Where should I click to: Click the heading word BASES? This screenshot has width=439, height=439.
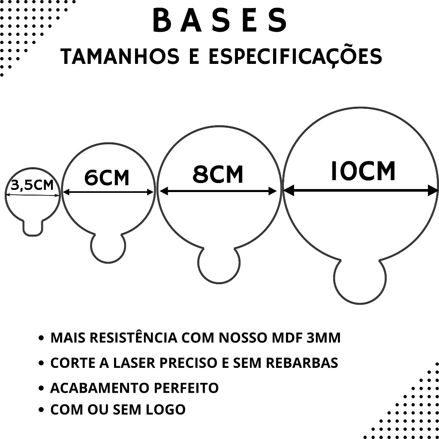(x=219, y=21)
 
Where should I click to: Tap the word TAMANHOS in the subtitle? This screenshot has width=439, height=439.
(x=120, y=57)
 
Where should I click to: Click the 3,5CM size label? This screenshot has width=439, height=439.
(x=33, y=185)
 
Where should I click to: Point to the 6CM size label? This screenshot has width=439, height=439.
(x=107, y=177)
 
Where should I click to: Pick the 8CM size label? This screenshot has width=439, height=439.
(x=218, y=174)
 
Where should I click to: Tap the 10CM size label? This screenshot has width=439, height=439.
(x=363, y=171)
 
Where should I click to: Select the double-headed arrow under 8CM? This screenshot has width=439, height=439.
(x=218, y=191)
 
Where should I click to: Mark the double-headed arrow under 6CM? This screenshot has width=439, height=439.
(x=108, y=192)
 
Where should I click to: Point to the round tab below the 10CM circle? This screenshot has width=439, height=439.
(x=360, y=281)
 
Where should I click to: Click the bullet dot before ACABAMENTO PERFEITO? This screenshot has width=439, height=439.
(x=41, y=388)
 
